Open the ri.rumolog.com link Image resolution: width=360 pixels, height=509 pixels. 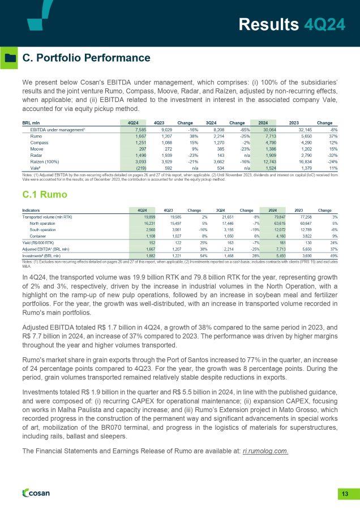(x=265, y=451)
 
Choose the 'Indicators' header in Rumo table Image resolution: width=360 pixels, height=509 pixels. (x=31, y=209)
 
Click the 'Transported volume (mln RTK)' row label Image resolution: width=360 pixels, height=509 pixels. (x=47, y=217)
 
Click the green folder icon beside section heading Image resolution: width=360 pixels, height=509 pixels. (x=10, y=58)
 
